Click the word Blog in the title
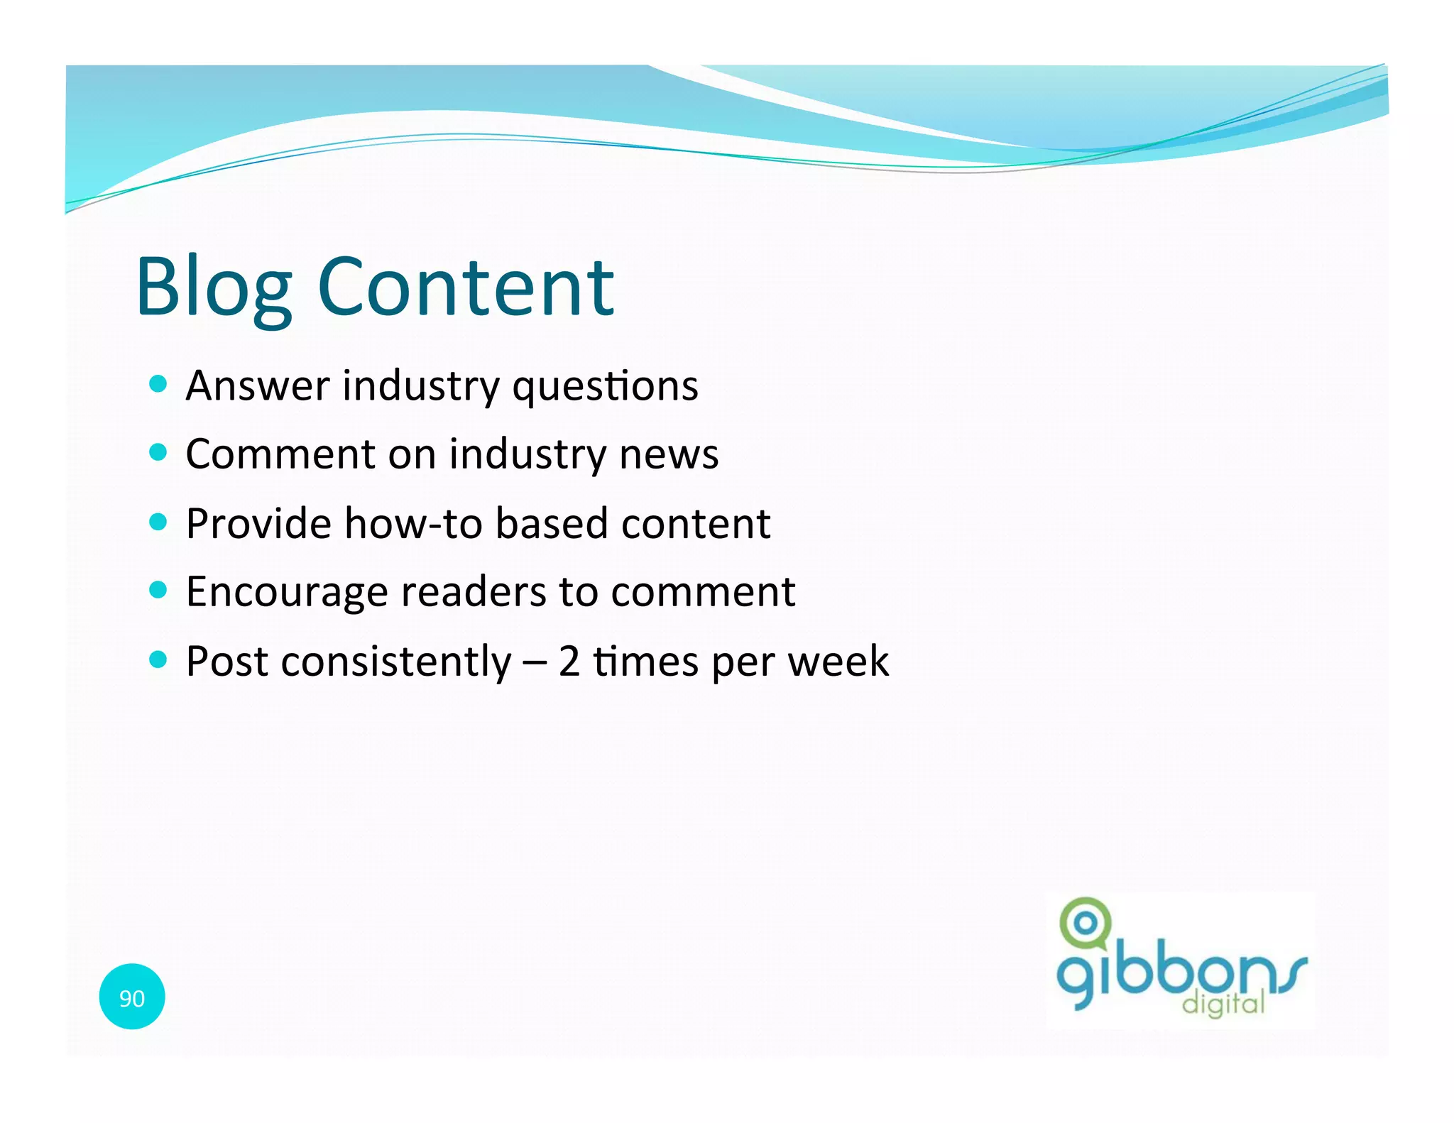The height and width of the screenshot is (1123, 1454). click(x=213, y=287)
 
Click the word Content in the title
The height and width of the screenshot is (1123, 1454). click(x=466, y=287)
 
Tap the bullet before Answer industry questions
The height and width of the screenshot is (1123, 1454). click(x=158, y=384)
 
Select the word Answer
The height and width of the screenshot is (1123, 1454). click(x=258, y=386)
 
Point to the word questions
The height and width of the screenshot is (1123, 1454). click(x=605, y=388)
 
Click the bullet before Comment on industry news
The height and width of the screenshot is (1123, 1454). click(x=158, y=452)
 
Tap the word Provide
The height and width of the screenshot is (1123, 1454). click(x=258, y=524)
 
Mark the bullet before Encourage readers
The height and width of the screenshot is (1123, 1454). click(x=158, y=590)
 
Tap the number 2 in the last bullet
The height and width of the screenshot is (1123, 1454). click(x=569, y=662)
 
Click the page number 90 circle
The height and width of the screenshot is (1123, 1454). click(x=132, y=997)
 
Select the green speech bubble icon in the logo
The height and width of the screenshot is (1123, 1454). click(x=1085, y=924)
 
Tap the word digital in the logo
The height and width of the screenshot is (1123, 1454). click(x=1223, y=1004)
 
